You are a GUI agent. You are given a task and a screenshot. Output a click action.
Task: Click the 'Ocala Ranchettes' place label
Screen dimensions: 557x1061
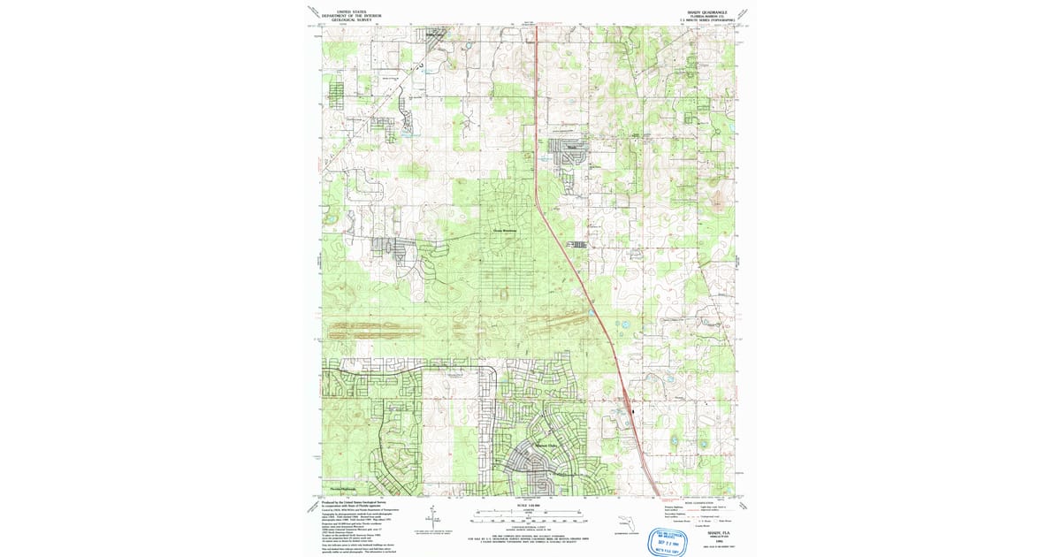tap(502, 233)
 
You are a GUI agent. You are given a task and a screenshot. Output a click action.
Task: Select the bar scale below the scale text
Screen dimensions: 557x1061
tap(529, 512)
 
